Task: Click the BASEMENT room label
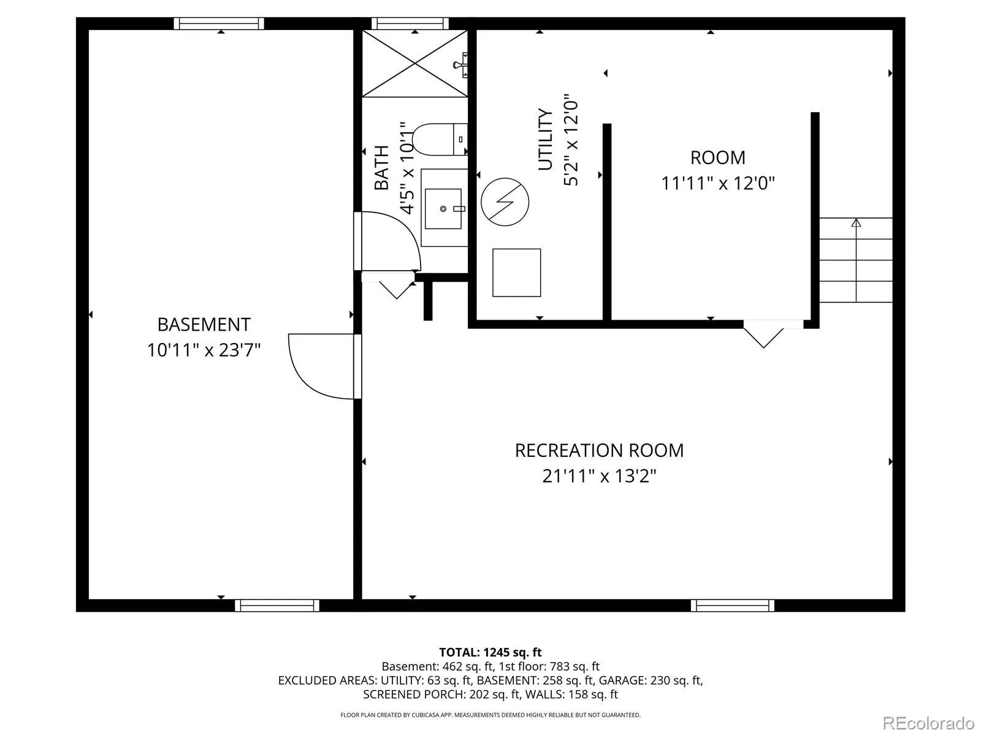tap(204, 325)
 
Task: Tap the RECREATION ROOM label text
tap(599, 450)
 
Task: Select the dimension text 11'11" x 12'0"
tap(717, 183)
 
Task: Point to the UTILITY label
tap(545, 139)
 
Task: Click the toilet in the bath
tap(440, 139)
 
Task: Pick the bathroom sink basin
tap(443, 208)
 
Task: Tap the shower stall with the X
tap(414, 63)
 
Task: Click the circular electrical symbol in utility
tap(505, 202)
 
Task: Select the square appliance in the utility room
tap(516, 273)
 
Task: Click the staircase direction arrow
tap(856, 261)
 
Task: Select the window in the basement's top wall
tap(218, 24)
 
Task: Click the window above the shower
tap(410, 24)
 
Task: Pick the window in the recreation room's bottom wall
tap(733, 605)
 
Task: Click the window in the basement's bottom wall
tap(277, 605)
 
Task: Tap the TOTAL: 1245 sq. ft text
tap(490, 652)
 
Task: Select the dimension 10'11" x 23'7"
tap(204, 350)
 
